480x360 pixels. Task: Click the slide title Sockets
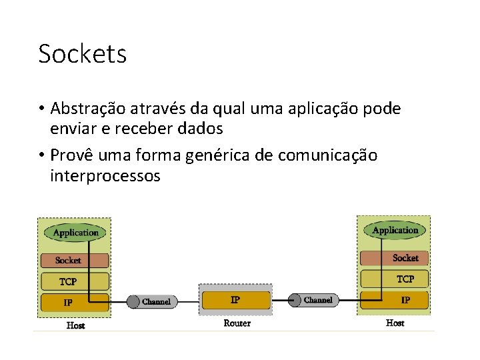coord(82,54)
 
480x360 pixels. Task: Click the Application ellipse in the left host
coord(75,233)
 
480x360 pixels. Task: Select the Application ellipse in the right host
coord(395,231)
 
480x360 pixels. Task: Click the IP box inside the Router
coord(235,300)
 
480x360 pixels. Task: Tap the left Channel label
coord(156,302)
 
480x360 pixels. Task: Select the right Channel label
coord(318,300)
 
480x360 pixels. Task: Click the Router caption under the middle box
coord(237,323)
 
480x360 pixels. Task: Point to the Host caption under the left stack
coord(75,326)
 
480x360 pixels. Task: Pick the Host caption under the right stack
coord(395,323)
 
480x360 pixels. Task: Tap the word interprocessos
coord(105,176)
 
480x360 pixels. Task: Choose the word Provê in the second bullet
coord(73,156)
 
